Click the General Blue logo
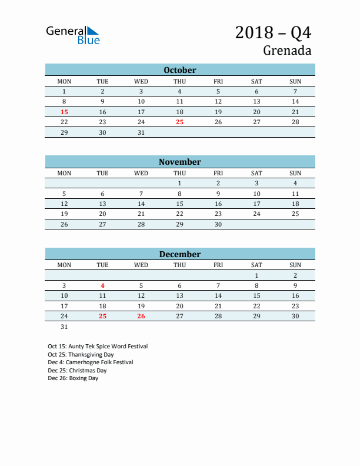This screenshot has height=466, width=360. pyautogui.click(x=73, y=35)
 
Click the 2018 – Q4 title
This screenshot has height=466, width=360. pyautogui.click(x=273, y=32)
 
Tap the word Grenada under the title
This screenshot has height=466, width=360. pyautogui.click(x=287, y=51)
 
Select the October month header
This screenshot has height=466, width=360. pyautogui.click(x=179, y=70)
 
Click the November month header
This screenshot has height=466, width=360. pyautogui.click(x=179, y=162)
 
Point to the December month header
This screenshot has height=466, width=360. pyautogui.click(x=179, y=254)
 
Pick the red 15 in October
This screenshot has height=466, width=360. pyautogui.click(x=64, y=112)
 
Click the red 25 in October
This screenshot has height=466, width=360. pyautogui.click(x=179, y=122)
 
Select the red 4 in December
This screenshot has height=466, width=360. pyautogui.click(x=102, y=285)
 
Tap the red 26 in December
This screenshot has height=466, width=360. pyautogui.click(x=141, y=317)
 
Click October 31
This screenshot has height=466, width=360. pyautogui.click(x=141, y=132)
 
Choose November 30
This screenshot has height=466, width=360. pyautogui.click(x=218, y=224)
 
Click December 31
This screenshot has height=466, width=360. pyautogui.click(x=64, y=327)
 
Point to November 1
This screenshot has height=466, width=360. pyautogui.click(x=179, y=183)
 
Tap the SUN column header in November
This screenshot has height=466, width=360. pyautogui.click(x=295, y=173)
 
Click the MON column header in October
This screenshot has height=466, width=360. pyautogui.click(x=64, y=81)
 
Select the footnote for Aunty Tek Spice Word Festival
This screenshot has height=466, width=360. pyautogui.click(x=98, y=347)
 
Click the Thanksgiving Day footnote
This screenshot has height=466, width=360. pyautogui.click(x=81, y=355)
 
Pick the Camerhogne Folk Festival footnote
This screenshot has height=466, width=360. pyautogui.click(x=91, y=362)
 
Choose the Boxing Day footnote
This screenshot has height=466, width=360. pyautogui.click(x=73, y=378)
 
